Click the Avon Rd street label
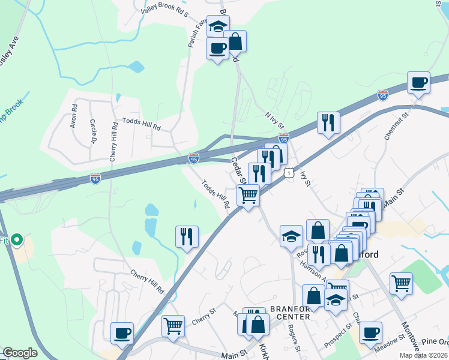tap(74, 117)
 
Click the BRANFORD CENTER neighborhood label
tap(290, 313)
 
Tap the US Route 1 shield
tap(290, 173)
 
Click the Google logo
tap(20, 353)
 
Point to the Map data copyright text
tap(423, 355)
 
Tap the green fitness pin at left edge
tap(17, 241)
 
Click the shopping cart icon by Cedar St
tap(248, 195)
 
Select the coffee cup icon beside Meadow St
tap(370, 332)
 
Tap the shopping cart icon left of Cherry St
tap(173, 326)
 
